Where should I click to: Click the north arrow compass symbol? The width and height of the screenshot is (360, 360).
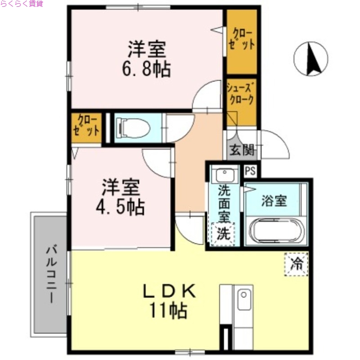coord(311,59)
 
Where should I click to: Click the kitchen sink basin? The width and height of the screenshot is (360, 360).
coord(243,300)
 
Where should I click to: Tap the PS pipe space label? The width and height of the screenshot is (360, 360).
coord(250,171)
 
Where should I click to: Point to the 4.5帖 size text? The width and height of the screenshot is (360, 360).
coord(121,207)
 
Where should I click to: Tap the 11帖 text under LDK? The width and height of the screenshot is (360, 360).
coord(169,310)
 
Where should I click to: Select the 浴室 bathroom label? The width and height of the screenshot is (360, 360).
coord(274,201)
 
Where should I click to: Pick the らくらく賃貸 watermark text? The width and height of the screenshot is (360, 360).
coord(22,4)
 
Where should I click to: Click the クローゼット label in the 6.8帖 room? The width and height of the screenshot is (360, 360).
coord(242,40)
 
